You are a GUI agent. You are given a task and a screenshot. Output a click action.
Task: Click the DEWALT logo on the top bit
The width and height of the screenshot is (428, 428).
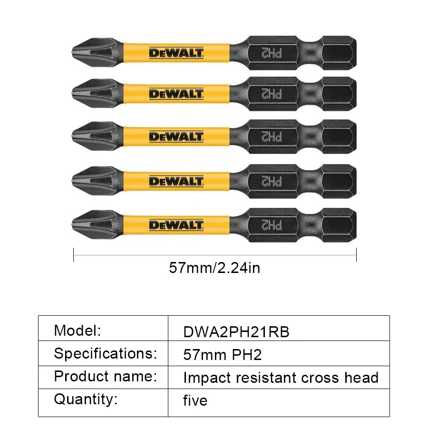click(176, 53)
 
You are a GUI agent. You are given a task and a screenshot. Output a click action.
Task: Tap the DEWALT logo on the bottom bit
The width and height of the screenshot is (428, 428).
click(176, 224)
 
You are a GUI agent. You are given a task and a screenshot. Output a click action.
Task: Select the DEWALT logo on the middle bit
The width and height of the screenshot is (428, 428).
click(176, 137)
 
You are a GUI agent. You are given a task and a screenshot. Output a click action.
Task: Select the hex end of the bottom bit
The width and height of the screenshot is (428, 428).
click(339, 224)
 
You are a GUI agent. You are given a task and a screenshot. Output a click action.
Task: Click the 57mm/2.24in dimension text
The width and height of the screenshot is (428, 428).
click(214, 268)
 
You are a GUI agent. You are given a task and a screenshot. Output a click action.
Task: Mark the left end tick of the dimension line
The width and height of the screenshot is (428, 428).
click(74, 255)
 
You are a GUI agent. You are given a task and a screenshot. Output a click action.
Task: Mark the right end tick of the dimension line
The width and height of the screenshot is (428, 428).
click(356, 255)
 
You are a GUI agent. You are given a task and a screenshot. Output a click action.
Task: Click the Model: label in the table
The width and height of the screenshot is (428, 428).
click(78, 330)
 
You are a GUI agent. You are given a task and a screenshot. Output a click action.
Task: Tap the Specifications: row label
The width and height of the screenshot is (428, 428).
click(105, 353)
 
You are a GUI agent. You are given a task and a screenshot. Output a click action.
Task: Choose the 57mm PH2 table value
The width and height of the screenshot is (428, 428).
click(223, 355)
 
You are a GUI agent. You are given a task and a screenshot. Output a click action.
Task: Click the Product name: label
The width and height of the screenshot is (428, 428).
click(105, 376)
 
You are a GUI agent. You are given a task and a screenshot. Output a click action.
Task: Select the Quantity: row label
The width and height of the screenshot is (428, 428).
click(86, 399)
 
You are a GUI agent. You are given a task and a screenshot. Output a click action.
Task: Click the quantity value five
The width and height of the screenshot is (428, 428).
click(195, 400)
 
